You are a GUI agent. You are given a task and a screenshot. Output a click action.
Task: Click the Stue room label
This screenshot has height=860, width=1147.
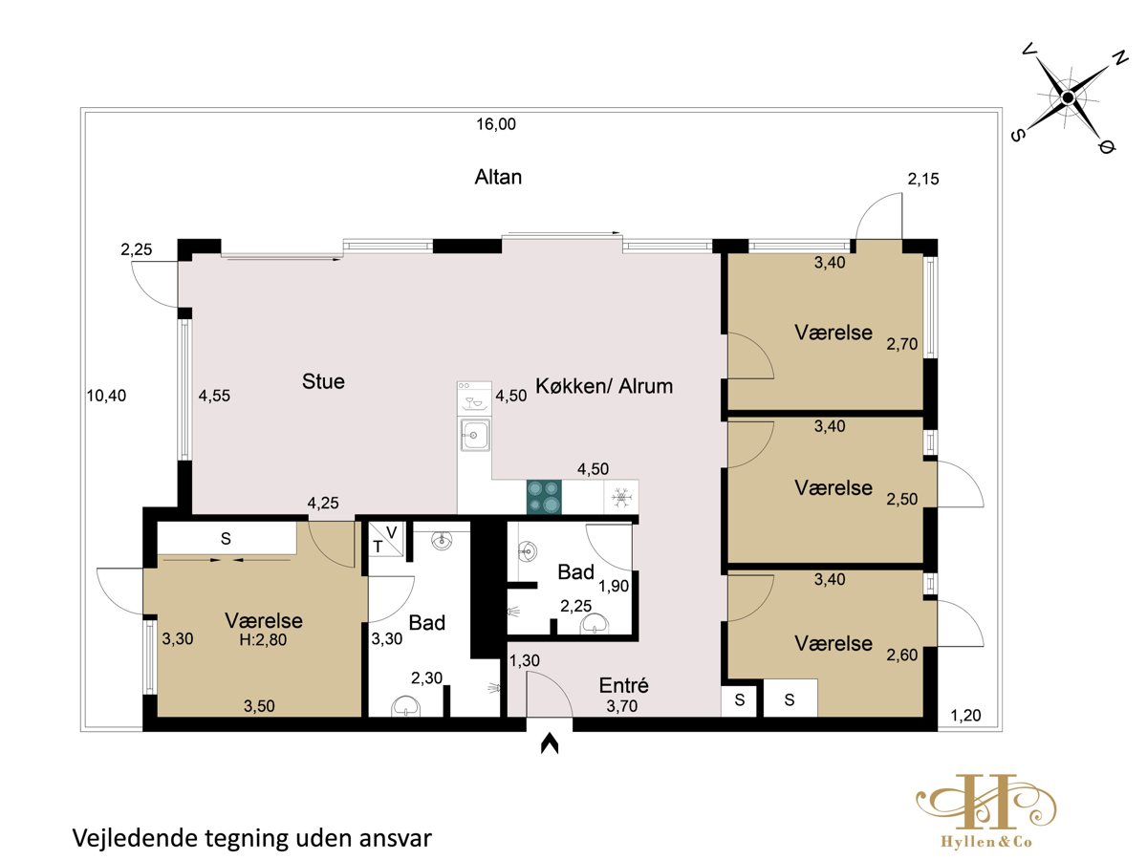click(x=323, y=381)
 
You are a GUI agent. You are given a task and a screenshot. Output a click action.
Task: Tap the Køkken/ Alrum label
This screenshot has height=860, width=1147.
click(x=604, y=386)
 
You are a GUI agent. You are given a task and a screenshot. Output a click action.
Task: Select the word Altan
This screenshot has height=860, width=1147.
click(x=498, y=177)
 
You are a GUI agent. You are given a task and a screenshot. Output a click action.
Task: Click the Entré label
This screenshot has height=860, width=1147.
click(x=623, y=685)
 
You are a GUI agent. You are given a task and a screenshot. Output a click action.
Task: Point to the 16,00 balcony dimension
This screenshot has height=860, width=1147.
click(x=496, y=124)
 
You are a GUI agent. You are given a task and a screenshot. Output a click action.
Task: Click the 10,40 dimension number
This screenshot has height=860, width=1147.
click(x=106, y=396)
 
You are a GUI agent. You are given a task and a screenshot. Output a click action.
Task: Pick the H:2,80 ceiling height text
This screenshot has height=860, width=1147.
click(x=263, y=639)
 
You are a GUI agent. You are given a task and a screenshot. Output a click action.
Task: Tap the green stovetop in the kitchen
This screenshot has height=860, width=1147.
click(x=544, y=497)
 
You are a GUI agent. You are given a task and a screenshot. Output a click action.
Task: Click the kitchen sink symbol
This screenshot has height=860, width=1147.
click(x=474, y=435)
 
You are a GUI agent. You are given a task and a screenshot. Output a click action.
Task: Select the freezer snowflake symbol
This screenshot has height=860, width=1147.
click(x=621, y=497)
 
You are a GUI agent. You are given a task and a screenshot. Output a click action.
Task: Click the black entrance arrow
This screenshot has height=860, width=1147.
click(x=550, y=743)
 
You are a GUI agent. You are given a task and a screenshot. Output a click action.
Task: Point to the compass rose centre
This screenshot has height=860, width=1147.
click(x=1068, y=97)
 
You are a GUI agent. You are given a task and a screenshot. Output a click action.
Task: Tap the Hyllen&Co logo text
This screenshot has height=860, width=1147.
click(x=986, y=842)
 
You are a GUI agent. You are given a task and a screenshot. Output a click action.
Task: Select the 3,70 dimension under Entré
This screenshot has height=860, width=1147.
click(x=622, y=706)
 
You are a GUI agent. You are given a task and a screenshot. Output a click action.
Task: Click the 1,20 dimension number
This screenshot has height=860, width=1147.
click(x=965, y=715)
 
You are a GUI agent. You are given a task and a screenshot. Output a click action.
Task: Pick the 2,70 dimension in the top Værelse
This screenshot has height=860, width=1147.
click(x=902, y=344)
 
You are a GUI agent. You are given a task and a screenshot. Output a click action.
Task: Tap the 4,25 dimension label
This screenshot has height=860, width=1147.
click(x=323, y=503)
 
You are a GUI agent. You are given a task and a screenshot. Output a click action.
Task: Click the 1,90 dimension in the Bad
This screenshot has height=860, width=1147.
click(x=614, y=586)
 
